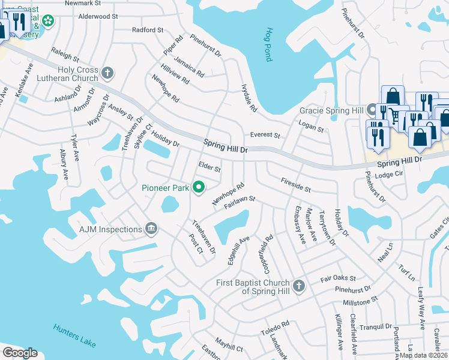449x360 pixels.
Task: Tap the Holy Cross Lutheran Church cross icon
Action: click(107, 73)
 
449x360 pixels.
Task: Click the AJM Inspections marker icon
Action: click(151, 228)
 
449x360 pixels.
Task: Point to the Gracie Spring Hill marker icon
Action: click(372, 111)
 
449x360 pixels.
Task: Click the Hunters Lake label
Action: click(74, 334)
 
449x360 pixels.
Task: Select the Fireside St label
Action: click(295, 184)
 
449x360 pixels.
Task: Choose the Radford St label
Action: click(148, 30)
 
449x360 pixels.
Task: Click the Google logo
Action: click(20, 353)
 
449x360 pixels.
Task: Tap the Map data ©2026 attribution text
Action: click(424, 355)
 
